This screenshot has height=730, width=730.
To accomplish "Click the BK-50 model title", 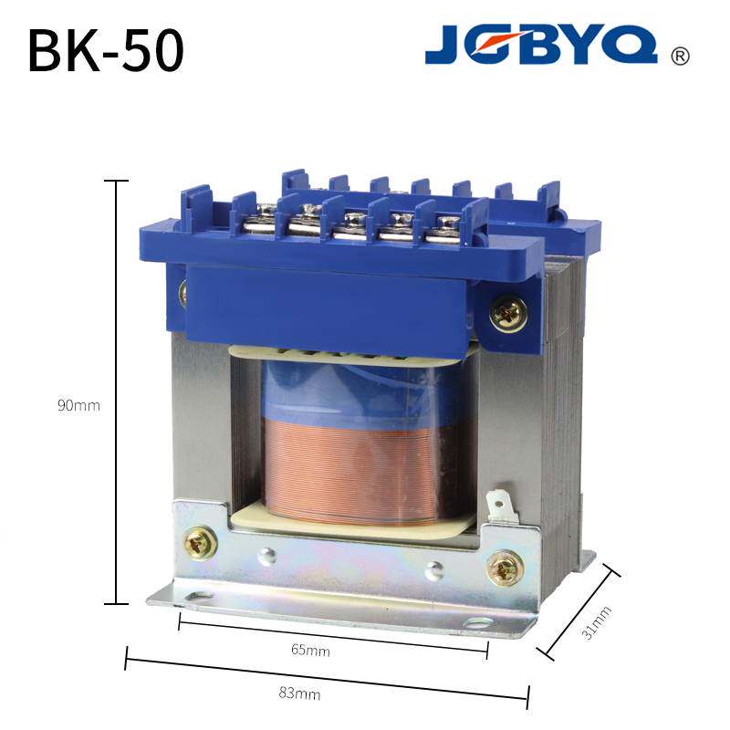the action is [106, 50].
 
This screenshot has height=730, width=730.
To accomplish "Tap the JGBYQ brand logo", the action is [541, 44].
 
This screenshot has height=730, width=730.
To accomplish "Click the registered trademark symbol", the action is [680, 56].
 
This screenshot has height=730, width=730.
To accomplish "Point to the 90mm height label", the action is [78, 405].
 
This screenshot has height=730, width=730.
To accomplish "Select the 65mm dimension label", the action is [310, 650].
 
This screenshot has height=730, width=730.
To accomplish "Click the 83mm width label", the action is [299, 693].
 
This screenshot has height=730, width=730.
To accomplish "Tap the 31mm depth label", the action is [597, 623].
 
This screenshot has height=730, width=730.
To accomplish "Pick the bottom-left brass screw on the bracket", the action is [200, 543].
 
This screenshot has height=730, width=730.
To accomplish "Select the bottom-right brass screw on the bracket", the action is [505, 568].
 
